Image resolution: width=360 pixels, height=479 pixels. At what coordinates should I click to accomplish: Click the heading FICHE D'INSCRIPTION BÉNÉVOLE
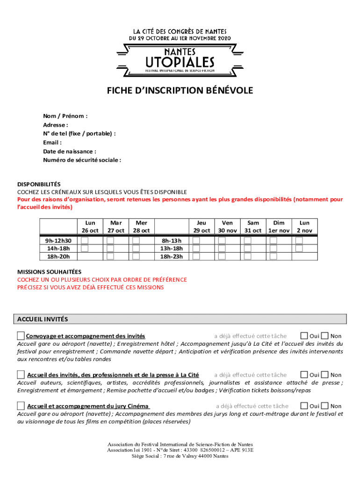tap(180, 91)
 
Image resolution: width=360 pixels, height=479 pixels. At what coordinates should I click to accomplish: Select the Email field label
tap(52, 143)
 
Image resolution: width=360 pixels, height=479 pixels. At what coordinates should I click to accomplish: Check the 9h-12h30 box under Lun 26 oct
tap(85, 240)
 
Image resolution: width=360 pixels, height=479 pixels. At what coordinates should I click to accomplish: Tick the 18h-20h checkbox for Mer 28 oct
tap(136, 256)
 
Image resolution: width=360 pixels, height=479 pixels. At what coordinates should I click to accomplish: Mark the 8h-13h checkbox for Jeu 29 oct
tap(196, 240)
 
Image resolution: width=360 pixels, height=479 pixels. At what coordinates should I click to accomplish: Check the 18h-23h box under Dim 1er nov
tap(273, 256)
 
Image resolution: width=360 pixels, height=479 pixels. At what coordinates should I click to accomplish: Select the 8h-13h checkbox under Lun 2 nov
tap(299, 240)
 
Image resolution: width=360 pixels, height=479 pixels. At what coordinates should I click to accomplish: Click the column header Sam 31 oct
tap(253, 227)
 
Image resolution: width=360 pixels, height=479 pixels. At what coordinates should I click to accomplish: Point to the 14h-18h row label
tap(58, 248)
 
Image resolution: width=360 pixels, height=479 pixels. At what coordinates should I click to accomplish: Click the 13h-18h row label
tap(172, 248)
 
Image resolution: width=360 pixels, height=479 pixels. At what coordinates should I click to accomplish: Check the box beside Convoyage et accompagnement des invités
tap(21, 335)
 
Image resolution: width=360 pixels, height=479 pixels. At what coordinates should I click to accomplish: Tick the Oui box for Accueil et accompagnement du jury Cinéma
tap(304, 406)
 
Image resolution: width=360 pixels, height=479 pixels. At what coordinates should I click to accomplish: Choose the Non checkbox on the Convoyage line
tap(325, 335)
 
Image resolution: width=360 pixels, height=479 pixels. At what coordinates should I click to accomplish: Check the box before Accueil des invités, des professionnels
tap(21, 374)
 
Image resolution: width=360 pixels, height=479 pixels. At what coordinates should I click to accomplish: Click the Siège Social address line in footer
tap(180, 456)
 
